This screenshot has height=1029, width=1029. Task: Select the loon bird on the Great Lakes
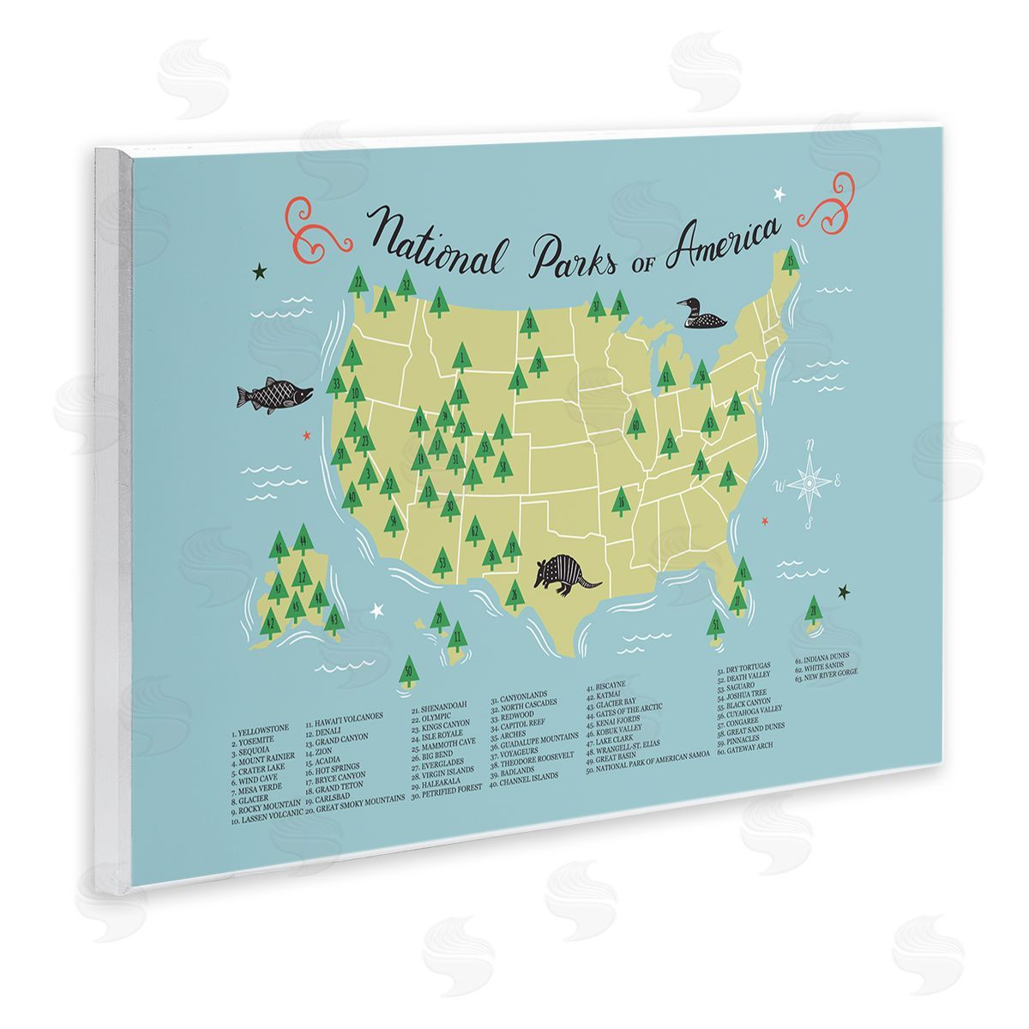click(x=701, y=316)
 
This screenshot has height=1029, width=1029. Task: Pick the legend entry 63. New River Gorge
click(x=826, y=671)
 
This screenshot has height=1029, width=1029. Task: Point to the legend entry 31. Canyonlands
click(x=523, y=700)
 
